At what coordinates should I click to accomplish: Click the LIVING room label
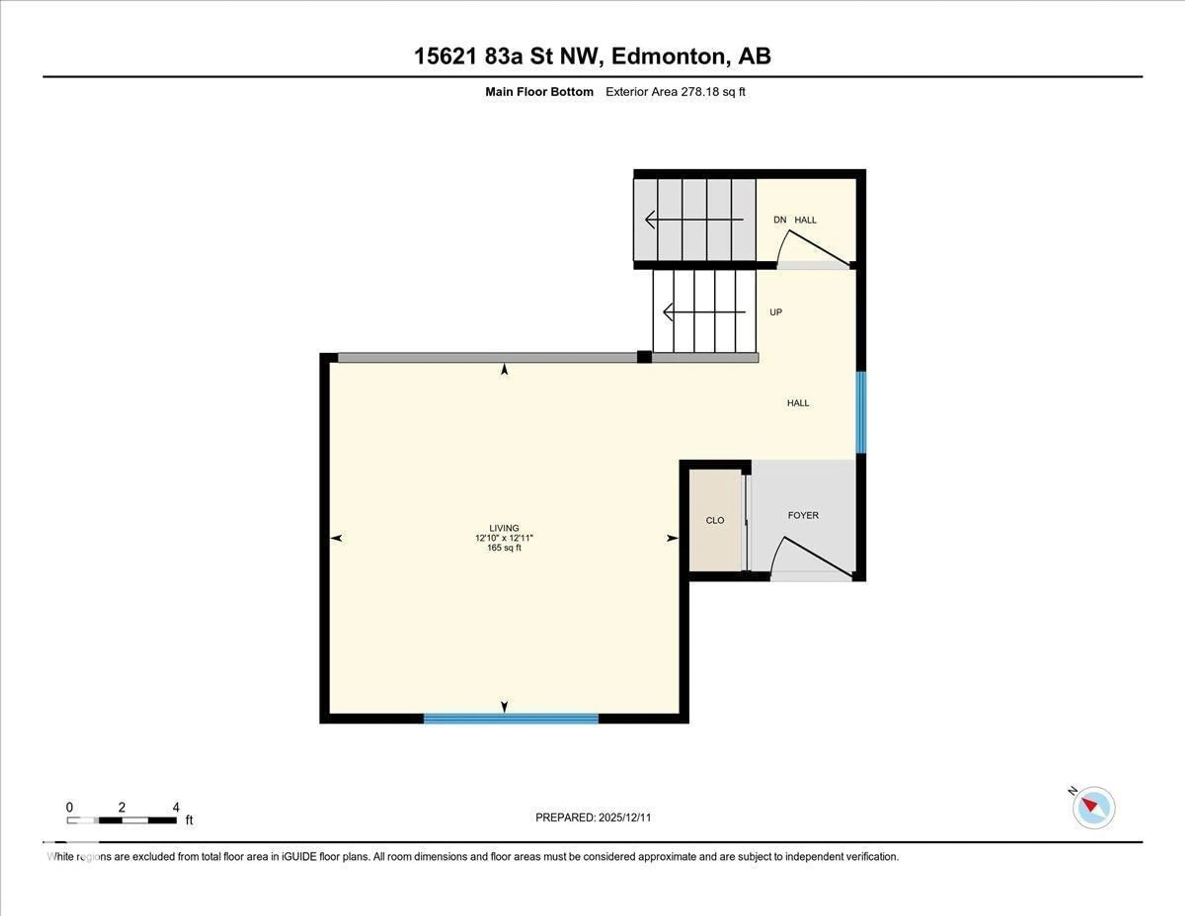(x=504, y=528)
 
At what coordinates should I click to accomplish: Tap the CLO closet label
(x=715, y=520)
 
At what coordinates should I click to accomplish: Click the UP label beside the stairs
(x=775, y=312)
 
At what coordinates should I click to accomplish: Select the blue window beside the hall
(x=861, y=412)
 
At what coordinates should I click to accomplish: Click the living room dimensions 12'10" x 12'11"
(x=504, y=538)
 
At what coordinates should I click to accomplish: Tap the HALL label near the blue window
(x=798, y=403)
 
